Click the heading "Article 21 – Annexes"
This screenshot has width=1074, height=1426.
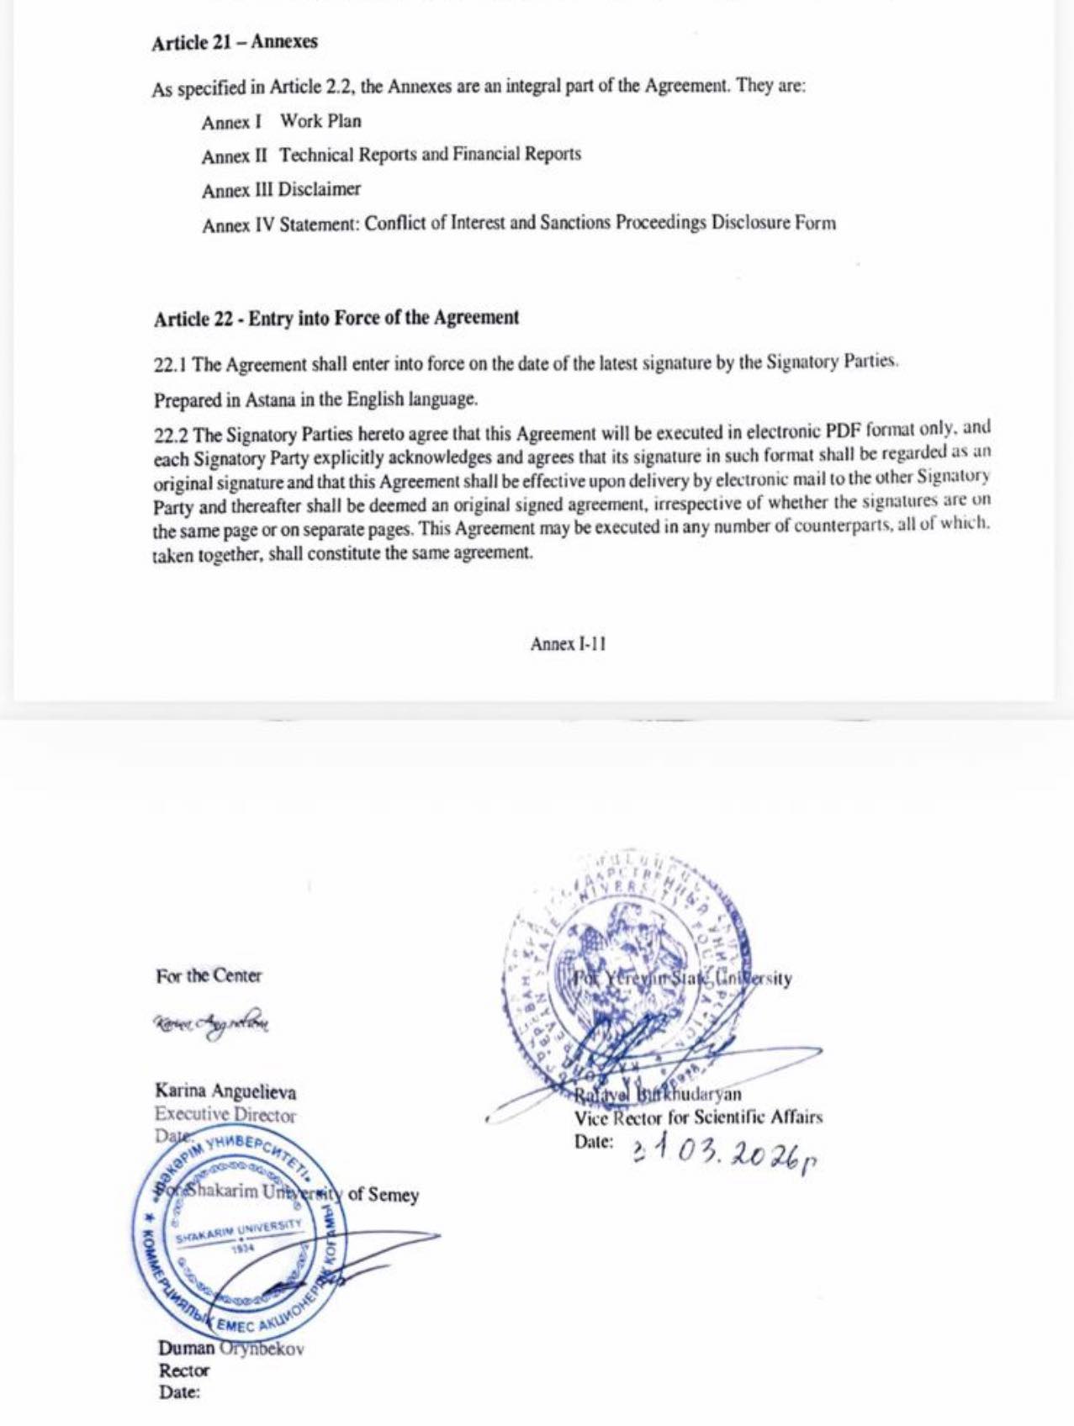point(235,42)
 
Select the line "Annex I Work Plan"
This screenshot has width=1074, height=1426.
point(281,122)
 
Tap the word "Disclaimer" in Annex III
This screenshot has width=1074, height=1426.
point(320,189)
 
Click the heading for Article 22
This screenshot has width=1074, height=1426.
point(336,319)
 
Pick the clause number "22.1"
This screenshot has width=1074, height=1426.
point(170,365)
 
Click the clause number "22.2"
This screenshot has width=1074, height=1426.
point(170,436)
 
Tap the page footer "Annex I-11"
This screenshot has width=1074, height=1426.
point(568,644)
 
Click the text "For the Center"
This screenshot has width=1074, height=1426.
point(209,976)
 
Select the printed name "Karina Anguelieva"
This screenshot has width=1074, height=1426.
point(225,1091)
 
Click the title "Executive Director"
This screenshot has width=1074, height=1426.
point(225,1115)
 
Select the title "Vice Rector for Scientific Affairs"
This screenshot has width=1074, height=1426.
point(698,1117)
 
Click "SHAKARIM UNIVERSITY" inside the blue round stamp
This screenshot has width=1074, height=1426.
point(239,1232)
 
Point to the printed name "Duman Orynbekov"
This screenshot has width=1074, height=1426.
point(231,1349)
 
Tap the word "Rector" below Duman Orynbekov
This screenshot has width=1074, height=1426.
point(184,1371)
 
